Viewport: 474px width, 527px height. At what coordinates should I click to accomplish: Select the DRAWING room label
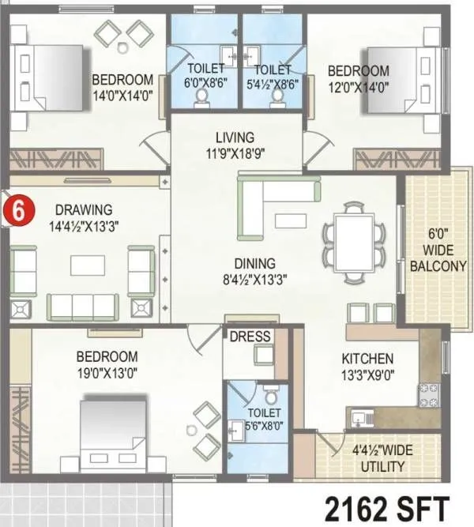coord(84,209)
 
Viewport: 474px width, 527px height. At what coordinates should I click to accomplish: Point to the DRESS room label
coord(250,337)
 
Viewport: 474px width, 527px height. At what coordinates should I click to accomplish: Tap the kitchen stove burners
coord(428,394)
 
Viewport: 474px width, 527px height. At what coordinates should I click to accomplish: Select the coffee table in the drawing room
coord(86,265)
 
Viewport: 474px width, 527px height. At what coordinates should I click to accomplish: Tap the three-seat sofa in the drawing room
coord(82,304)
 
